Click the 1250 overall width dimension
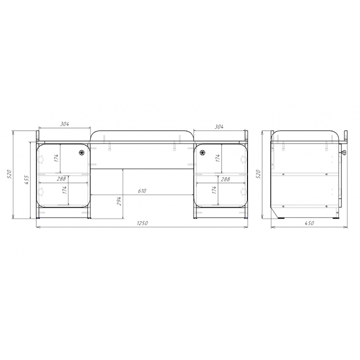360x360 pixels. coord(142,223)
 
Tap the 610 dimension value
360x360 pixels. coord(142,191)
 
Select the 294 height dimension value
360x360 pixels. coord(119,201)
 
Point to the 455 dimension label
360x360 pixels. coord(26,180)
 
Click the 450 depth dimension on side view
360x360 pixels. coord(309,223)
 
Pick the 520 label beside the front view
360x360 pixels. coord(9,174)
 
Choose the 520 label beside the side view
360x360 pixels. coord(258,174)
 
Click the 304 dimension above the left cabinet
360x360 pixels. coord(65,124)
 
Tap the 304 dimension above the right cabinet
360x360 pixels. coord(219,127)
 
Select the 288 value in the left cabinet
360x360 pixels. coord(61,179)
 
